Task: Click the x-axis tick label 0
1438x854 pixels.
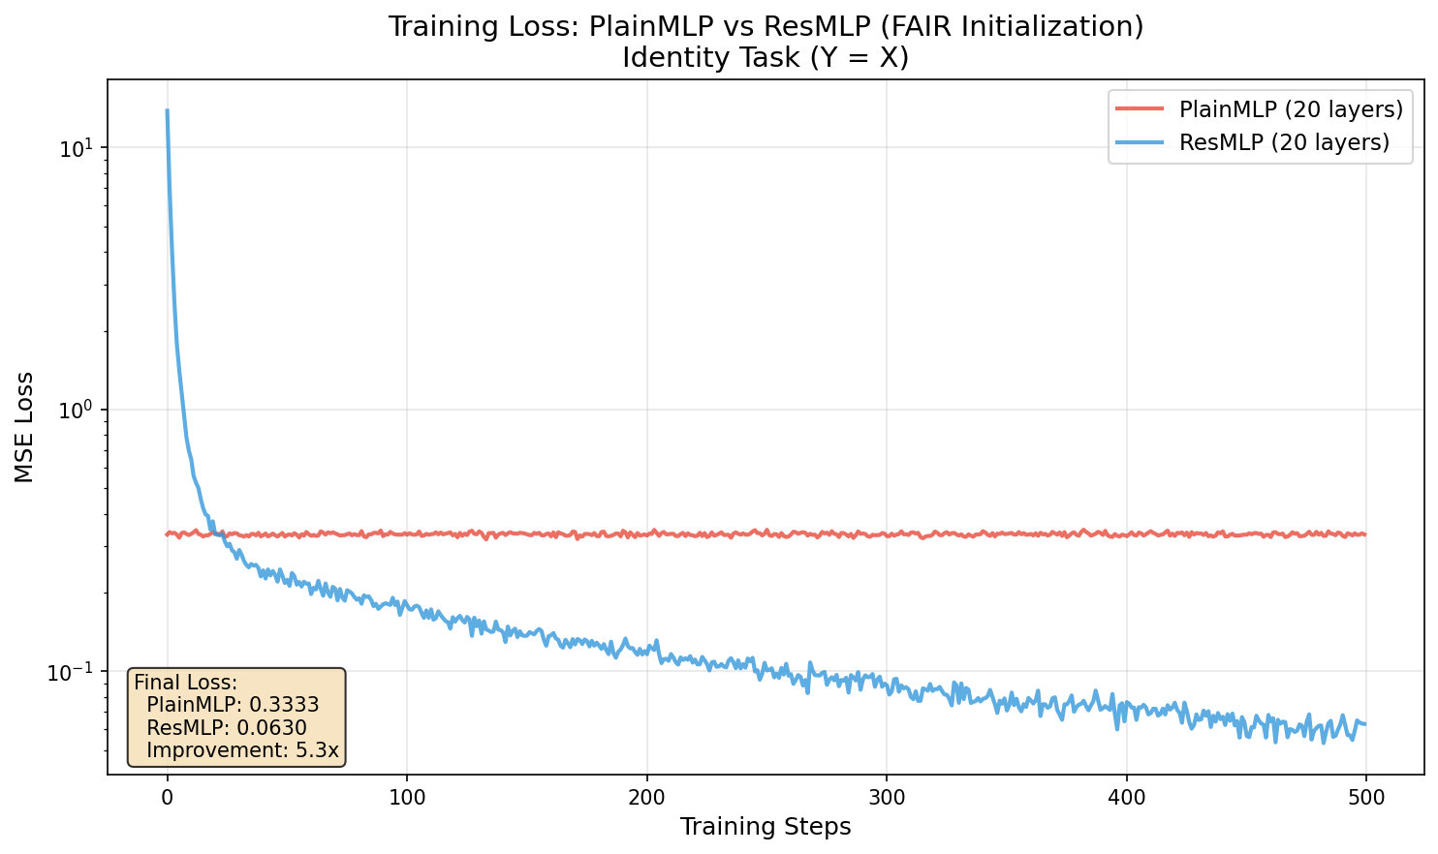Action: coord(167,798)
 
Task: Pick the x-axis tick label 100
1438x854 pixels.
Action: coord(406,798)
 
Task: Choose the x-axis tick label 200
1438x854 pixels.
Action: coord(646,798)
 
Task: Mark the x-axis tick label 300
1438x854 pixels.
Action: coord(886,798)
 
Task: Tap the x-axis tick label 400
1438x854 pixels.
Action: coord(1126,798)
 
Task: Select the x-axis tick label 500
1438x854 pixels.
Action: coord(1365,798)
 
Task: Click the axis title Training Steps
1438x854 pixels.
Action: coord(766,827)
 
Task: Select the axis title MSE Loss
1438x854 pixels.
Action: coord(24,427)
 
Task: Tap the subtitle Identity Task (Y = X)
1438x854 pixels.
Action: coord(766,58)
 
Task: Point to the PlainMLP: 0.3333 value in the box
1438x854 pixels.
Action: coord(233,705)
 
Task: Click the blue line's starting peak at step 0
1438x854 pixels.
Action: coord(167,110)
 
